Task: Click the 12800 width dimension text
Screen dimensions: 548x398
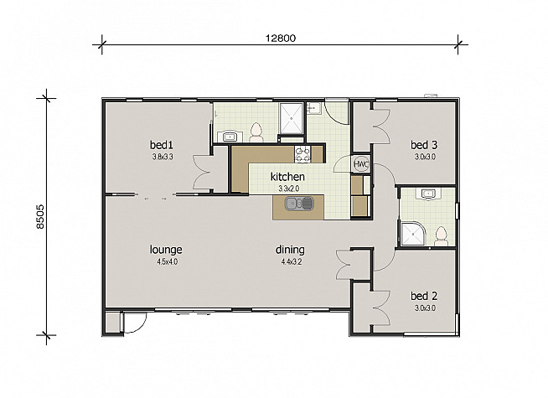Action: click(x=281, y=38)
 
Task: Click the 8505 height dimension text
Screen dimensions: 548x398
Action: click(x=40, y=217)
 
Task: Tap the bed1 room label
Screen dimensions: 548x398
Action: click(x=162, y=144)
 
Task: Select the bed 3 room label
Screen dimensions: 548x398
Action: click(x=424, y=144)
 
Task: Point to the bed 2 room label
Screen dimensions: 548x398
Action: click(x=424, y=296)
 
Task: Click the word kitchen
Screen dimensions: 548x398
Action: click(x=287, y=177)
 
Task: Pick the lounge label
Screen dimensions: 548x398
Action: click(x=166, y=250)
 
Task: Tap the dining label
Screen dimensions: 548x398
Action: click(x=290, y=250)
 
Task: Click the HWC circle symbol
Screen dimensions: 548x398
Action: click(x=360, y=163)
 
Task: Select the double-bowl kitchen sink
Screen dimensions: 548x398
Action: click(x=299, y=204)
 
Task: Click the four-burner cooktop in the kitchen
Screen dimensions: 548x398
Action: click(x=302, y=154)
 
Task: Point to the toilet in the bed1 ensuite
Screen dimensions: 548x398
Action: click(x=256, y=132)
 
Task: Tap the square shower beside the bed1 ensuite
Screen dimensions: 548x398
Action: click(x=291, y=118)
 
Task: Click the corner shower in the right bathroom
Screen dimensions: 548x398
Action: click(x=413, y=234)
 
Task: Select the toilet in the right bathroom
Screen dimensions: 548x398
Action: click(x=442, y=236)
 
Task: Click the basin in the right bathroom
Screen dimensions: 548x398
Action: click(x=427, y=194)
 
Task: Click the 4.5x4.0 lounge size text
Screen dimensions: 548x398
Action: click(x=168, y=261)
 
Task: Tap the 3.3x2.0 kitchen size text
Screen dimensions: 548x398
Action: click(x=289, y=189)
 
